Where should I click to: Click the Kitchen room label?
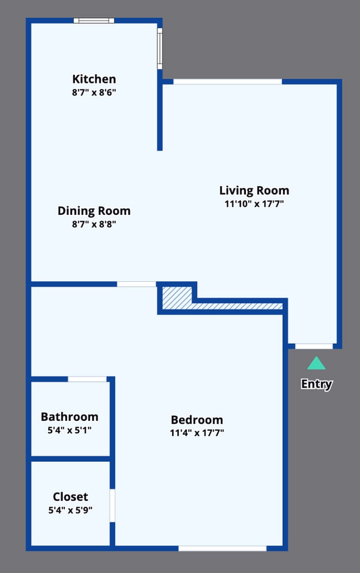coord(94,79)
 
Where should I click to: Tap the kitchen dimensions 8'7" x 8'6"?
coord(94,92)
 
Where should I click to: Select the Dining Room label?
coord(94,210)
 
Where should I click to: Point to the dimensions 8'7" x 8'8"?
coord(94,224)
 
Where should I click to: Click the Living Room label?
coord(254,190)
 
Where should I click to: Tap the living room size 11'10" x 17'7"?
coord(254,204)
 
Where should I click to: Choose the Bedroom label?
coord(197,420)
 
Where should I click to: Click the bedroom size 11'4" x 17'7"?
coord(197,433)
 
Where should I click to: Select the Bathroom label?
coord(69,416)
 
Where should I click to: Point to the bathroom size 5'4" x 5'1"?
coord(69,430)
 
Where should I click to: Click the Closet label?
coord(70,497)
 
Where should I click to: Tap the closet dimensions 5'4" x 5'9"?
coord(70,510)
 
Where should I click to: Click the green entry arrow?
coord(316,364)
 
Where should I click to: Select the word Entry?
coord(316,384)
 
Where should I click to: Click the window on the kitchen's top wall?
coord(94,21)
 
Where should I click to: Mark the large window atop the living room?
coord(227,82)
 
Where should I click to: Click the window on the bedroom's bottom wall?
coord(222,548)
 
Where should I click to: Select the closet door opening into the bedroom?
coord(112,505)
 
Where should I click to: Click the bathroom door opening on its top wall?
coord(87,379)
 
